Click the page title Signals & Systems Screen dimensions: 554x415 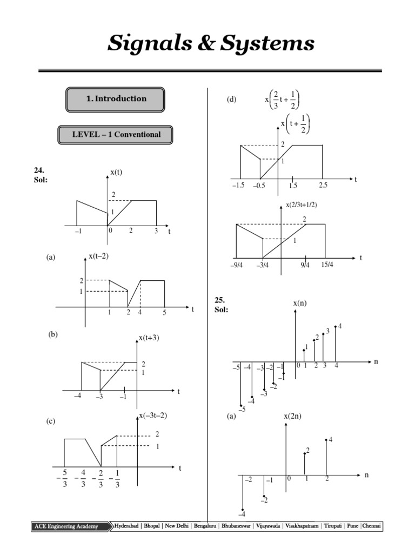coord(211,43)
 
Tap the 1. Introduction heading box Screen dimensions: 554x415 coord(115,99)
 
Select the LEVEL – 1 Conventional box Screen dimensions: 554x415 coord(116,135)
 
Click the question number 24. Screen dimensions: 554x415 coord(39,170)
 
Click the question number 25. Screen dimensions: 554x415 coord(219,300)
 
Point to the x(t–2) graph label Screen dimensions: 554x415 coord(98,256)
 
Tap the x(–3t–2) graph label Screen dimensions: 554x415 coord(153,415)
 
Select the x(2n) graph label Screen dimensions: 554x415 coord(293,416)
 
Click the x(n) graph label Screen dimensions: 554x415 coord(300,304)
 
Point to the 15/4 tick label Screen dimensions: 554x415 coord(327,264)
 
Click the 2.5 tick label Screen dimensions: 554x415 coord(323,186)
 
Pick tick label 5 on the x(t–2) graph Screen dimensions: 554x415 coord(164,313)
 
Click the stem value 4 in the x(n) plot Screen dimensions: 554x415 coord(340,326)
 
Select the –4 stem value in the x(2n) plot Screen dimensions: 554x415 coord(243,513)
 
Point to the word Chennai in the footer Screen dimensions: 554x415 coord(372,526)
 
